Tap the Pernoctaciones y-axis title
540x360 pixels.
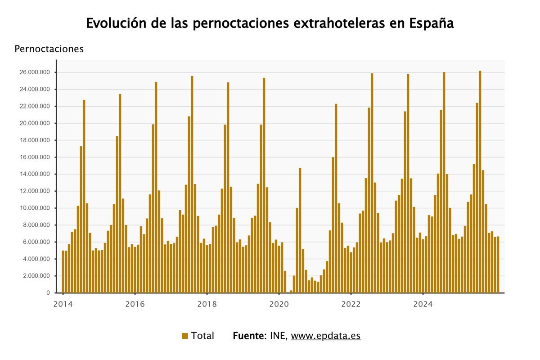click(49, 49)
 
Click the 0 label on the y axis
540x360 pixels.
click(48, 293)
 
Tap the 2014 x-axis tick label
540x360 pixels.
click(63, 304)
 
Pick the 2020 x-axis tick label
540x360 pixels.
click(279, 304)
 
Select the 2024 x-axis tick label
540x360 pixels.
click(423, 304)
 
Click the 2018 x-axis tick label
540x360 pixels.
click(207, 304)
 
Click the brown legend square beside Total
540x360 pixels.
click(184, 336)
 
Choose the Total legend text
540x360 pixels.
click(202, 336)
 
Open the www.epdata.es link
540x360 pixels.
click(325, 336)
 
